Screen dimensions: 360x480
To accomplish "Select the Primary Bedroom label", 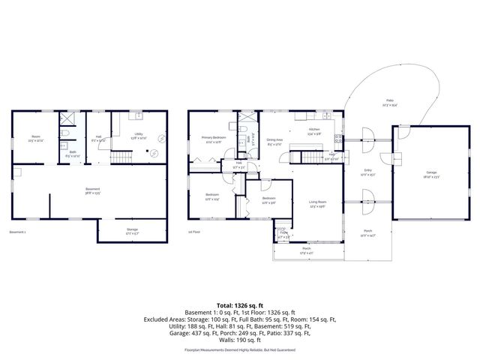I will pyautogui.click(x=213, y=138).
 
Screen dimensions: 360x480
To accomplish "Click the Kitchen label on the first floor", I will pyautogui.click(x=313, y=129).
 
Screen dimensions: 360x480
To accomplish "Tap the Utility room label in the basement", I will pyautogui.click(x=138, y=116).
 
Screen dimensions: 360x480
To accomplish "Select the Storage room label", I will pyautogui.click(x=132, y=229).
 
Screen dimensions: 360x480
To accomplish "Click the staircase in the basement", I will pyautogui.click(x=121, y=157).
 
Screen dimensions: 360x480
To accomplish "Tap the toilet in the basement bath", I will pyautogui.click(x=65, y=133).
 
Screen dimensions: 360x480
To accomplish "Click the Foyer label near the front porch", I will pyautogui.click(x=283, y=233).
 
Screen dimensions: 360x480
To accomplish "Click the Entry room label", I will pyautogui.click(x=368, y=172).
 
